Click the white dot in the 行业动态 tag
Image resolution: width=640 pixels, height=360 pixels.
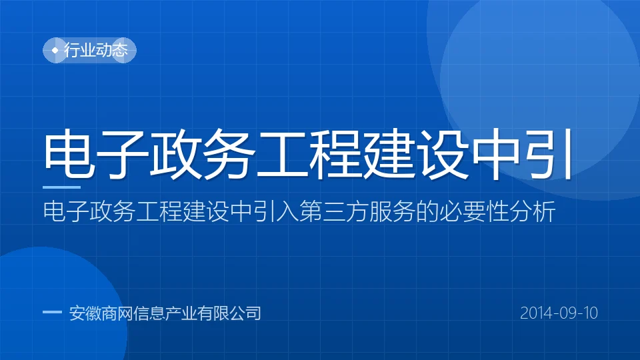click(x=55, y=50)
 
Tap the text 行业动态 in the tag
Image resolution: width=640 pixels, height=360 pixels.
click(x=96, y=50)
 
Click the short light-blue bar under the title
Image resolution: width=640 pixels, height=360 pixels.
click(x=61, y=187)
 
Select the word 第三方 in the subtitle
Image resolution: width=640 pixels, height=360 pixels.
click(x=334, y=211)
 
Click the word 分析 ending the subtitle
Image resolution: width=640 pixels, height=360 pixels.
click(x=532, y=211)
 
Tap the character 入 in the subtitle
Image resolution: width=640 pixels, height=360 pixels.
click(x=287, y=211)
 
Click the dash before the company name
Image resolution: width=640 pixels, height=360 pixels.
click(x=52, y=312)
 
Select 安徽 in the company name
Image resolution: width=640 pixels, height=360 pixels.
click(x=85, y=313)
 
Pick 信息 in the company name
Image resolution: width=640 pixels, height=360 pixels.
click(x=149, y=313)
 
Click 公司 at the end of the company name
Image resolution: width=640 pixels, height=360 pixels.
click(x=245, y=313)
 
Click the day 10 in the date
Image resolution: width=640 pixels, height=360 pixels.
click(x=590, y=313)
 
